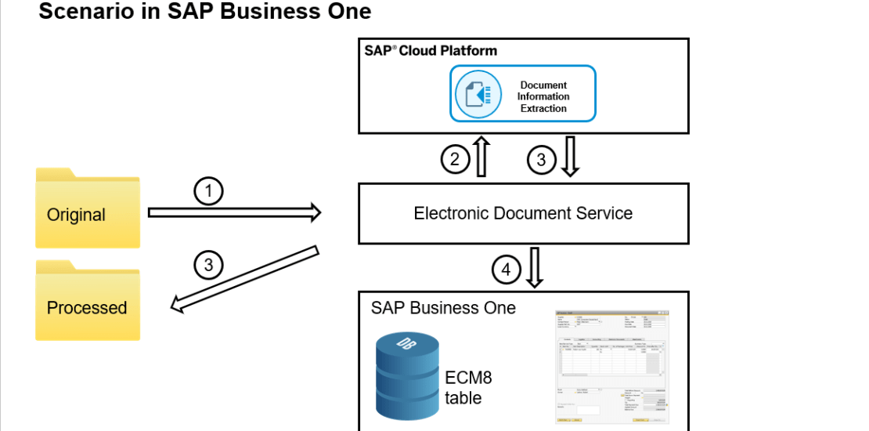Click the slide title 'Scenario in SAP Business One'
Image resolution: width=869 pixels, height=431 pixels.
pyautogui.click(x=204, y=12)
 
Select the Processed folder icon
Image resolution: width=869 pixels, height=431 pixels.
pyautogui.click(x=88, y=301)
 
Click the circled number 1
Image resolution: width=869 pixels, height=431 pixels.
pyautogui.click(x=209, y=190)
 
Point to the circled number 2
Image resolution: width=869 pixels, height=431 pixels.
pyautogui.click(x=454, y=159)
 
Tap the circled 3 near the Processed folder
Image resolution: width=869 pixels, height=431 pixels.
pyautogui.click(x=208, y=265)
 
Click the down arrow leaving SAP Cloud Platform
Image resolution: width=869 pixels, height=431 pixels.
pyautogui.click(x=570, y=157)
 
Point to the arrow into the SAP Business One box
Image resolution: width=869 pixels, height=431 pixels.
pyautogui.click(x=535, y=267)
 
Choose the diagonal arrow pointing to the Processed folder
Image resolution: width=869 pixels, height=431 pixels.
pyautogui.click(x=246, y=279)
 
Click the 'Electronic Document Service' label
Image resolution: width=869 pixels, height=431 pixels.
pyautogui.click(x=523, y=212)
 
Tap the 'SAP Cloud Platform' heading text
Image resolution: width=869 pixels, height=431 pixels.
pyautogui.click(x=431, y=51)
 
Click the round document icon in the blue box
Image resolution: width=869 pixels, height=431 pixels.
pyautogui.click(x=478, y=94)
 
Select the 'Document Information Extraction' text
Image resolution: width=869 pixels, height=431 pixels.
pyautogui.click(x=543, y=96)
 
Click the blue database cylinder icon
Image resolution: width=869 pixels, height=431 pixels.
pyautogui.click(x=407, y=371)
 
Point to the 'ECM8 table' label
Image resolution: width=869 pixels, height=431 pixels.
pyautogui.click(x=469, y=387)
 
